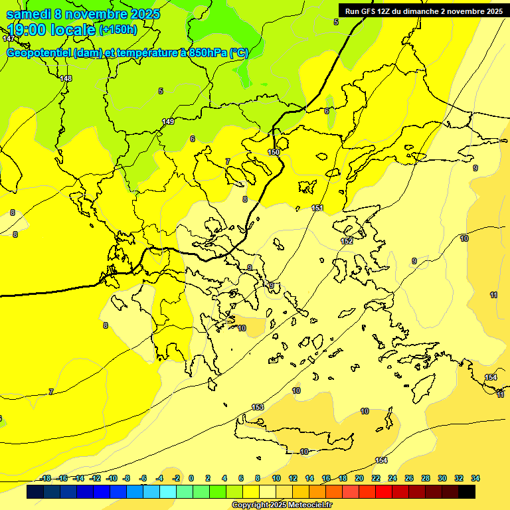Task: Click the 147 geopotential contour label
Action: click(8, 39)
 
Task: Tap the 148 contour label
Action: click(66, 79)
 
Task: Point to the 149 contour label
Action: click(168, 122)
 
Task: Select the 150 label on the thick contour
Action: click(274, 153)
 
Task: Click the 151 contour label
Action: click(317, 209)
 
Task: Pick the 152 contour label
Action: click(347, 241)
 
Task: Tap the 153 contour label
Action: click(258, 407)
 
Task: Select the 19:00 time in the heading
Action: click(29, 29)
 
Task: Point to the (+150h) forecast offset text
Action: click(118, 30)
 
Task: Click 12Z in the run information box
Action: click(388, 11)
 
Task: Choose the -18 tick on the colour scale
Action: click(45, 478)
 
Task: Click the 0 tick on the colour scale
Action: click(191, 478)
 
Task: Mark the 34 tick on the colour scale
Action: click(475, 478)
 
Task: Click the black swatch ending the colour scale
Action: click(467, 492)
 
